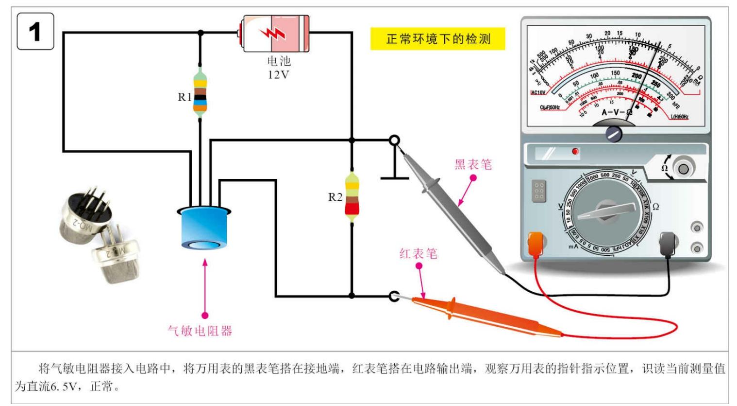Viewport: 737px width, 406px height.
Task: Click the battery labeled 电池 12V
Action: coord(275,34)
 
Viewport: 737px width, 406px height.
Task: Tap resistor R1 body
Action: coord(200,92)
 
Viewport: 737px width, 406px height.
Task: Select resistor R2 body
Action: coord(352,196)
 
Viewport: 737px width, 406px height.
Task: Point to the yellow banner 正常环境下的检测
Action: coord(437,39)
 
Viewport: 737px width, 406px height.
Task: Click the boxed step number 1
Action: coord(35,32)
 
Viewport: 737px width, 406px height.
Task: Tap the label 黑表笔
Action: coord(473,164)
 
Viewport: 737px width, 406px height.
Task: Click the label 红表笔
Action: coord(418,253)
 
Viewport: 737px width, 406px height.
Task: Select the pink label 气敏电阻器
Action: coord(200,331)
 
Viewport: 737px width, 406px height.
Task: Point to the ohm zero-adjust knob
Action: coord(683,169)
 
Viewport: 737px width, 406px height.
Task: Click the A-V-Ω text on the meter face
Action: coord(617,112)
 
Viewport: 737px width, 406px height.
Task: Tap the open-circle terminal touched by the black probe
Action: coord(395,141)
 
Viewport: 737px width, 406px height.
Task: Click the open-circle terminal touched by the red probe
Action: coord(395,296)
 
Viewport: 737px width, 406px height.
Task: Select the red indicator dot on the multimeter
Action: coord(575,152)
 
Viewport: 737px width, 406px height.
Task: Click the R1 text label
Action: coord(184,97)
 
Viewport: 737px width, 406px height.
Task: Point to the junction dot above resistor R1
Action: coord(200,33)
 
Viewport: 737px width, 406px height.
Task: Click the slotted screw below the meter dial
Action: coord(614,133)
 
